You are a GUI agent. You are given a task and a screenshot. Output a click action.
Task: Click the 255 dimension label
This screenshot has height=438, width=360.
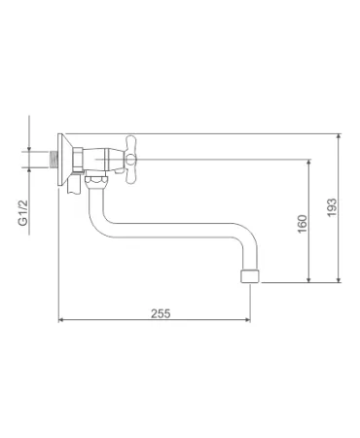pyautogui.click(x=161, y=313)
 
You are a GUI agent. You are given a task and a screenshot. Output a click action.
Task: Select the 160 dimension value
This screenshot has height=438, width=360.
pyautogui.click(x=302, y=224)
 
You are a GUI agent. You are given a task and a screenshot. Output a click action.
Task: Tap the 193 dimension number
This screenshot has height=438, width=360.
pyautogui.click(x=332, y=207)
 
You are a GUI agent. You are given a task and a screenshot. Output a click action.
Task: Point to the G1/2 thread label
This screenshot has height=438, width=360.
pyautogui.click(x=23, y=213)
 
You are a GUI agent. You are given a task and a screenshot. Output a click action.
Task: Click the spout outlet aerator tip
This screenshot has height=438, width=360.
pyautogui.click(x=250, y=275)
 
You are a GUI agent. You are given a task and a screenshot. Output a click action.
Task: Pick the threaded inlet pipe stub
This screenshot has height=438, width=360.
pyautogui.click(x=54, y=160)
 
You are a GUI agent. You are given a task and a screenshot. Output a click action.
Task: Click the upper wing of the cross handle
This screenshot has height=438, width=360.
pyautogui.click(x=130, y=144)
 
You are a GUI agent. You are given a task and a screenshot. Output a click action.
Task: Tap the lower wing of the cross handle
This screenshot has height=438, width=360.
pyautogui.click(x=130, y=174)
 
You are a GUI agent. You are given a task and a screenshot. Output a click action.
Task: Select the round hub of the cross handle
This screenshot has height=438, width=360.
pyautogui.click(x=130, y=160)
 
